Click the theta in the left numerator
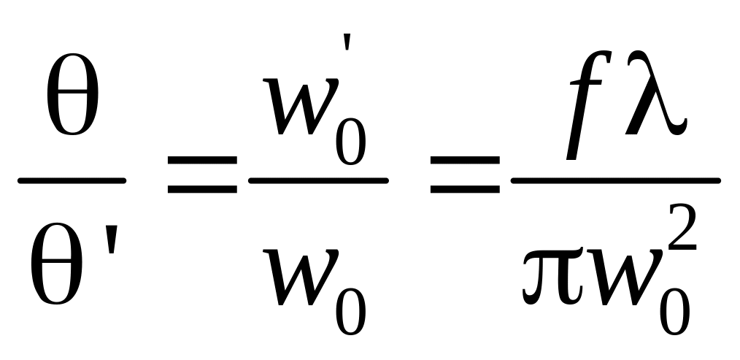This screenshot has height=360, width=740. pyautogui.click(x=73, y=94)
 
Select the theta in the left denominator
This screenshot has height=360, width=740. pyautogui.click(x=57, y=263)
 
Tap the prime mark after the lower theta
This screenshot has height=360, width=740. pyautogui.click(x=110, y=240)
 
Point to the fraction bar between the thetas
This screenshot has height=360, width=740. pyautogui.click(x=72, y=180)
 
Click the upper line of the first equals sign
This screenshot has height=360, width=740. pyautogui.click(x=202, y=160)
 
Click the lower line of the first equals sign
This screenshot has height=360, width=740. pyautogui.click(x=202, y=189)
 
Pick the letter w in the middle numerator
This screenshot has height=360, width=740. pyautogui.click(x=301, y=106)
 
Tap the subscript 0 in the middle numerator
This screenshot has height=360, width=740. pyautogui.click(x=350, y=141)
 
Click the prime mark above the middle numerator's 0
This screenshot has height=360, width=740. pyautogui.click(x=347, y=42)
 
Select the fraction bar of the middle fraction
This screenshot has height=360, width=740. pyautogui.click(x=319, y=180)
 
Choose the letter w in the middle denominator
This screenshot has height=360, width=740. pyautogui.click(x=301, y=277)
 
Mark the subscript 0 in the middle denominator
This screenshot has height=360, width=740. pyautogui.click(x=350, y=312)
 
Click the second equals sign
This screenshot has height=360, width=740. pyautogui.click(x=465, y=175)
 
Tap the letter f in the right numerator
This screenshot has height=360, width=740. pyautogui.click(x=590, y=105)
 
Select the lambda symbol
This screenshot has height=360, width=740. pyautogui.click(x=656, y=93)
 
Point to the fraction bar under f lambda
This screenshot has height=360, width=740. pyautogui.click(x=616, y=180)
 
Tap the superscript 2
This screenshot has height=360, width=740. pyautogui.click(x=682, y=227)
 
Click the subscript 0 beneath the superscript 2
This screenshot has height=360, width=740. pyautogui.click(x=675, y=312)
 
